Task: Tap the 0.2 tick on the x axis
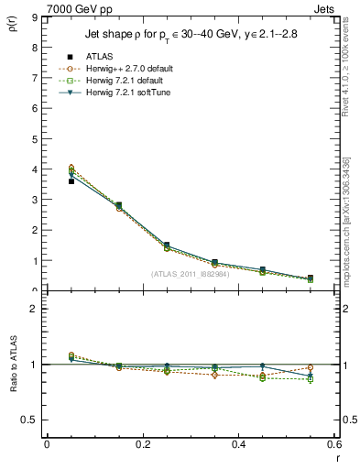pos(142,445)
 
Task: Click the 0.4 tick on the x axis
pos(238,445)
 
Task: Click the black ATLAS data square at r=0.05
pos(71,181)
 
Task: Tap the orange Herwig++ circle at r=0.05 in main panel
pos(71,168)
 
